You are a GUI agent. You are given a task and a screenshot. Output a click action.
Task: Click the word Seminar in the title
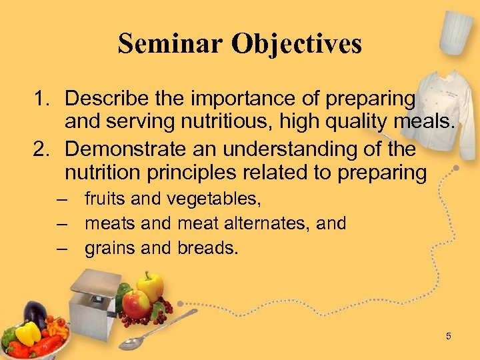169,43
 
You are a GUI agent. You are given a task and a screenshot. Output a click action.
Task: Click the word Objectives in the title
297,45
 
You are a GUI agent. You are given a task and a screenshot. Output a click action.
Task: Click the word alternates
269,223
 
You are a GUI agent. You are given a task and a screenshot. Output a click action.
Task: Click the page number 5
449,336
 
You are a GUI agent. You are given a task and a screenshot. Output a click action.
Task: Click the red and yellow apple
136,304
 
